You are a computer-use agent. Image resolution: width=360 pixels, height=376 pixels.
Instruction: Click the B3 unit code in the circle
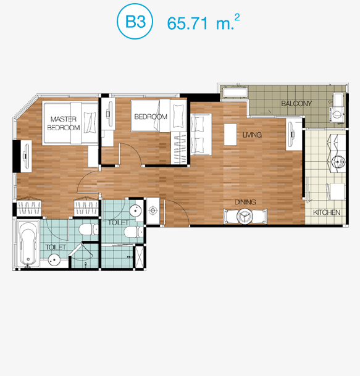point(135,22)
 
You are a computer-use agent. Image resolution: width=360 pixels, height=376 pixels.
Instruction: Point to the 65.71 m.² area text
point(203,22)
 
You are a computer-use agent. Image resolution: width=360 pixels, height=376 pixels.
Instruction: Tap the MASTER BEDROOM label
point(64,123)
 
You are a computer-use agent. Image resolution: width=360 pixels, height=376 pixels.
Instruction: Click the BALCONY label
point(296,104)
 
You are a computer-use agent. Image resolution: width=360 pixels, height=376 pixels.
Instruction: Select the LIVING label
point(252,135)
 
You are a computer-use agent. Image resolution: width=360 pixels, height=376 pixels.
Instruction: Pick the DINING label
point(245,202)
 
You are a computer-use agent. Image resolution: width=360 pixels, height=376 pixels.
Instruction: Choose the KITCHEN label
point(327,212)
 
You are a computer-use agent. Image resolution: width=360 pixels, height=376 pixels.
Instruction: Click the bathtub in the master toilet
point(28,244)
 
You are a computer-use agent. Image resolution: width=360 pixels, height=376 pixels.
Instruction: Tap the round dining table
point(245,216)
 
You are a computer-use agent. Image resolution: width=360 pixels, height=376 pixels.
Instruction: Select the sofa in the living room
point(201,135)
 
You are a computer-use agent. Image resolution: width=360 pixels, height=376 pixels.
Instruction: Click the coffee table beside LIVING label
point(230,135)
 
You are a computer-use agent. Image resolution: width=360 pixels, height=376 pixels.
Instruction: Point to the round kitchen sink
point(338,161)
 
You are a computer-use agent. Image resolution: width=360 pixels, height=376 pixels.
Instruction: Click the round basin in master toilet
point(54,260)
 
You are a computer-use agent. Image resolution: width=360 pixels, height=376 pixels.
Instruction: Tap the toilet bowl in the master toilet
point(88,229)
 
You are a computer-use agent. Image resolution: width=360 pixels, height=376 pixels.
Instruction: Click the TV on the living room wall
point(292,135)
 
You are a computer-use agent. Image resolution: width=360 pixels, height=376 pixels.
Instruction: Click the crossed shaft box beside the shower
point(140,257)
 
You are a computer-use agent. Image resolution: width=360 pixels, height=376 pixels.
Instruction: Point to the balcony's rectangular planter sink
point(235,93)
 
